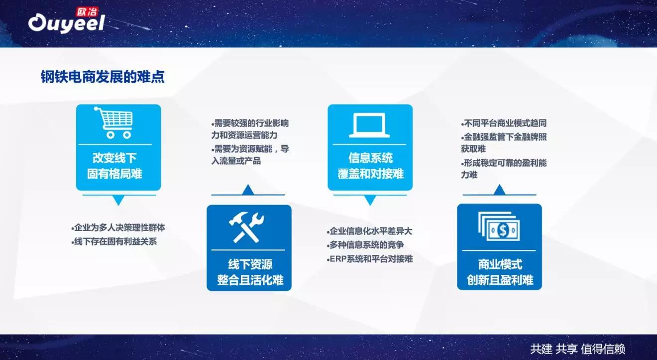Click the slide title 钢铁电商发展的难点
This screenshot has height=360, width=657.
click(x=103, y=77)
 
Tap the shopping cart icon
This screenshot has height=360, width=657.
click(x=113, y=122)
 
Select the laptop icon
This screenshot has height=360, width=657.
click(x=369, y=125)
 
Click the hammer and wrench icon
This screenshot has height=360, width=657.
click(x=246, y=228)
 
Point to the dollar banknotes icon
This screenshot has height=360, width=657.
click(x=499, y=226)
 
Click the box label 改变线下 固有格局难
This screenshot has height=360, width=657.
click(x=114, y=166)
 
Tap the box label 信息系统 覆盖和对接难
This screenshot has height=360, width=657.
click(x=370, y=166)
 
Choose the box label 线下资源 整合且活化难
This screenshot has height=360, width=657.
click(x=250, y=272)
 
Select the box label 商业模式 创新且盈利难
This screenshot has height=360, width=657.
click(x=500, y=272)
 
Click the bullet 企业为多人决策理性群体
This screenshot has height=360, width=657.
click(x=118, y=228)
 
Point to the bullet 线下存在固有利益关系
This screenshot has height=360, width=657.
click(x=114, y=241)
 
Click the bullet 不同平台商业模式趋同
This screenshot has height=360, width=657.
click(x=504, y=123)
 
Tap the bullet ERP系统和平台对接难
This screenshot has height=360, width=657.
click(x=369, y=259)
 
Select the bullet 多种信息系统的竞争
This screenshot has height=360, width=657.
click(x=365, y=244)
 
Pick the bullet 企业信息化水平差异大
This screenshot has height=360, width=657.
click(x=369, y=231)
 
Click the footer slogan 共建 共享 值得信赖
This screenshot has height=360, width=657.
click(x=577, y=349)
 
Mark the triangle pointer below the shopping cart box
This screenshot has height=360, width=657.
click(x=118, y=200)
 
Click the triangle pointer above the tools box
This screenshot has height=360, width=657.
click(x=248, y=190)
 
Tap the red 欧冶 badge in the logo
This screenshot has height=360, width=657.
click(x=87, y=12)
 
